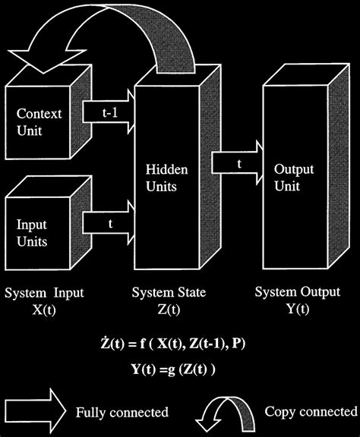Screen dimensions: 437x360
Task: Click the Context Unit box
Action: click(38, 121)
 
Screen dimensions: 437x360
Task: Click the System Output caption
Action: click(286, 292)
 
